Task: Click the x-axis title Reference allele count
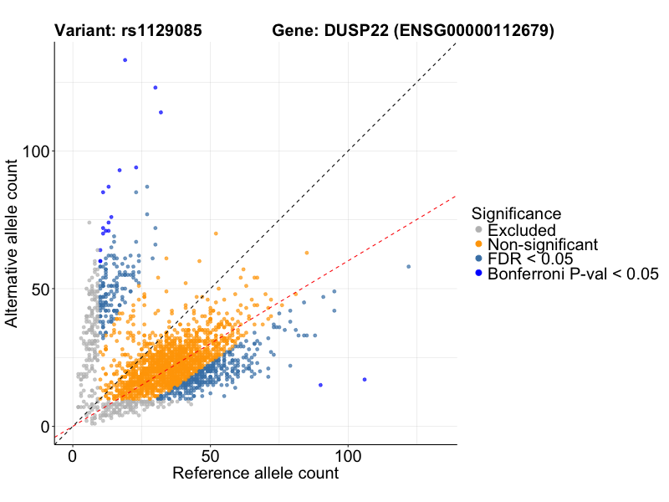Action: [x=255, y=474]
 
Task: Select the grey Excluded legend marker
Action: [x=477, y=230]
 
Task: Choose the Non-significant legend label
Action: [x=543, y=244]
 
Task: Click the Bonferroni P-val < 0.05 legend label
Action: [x=574, y=274]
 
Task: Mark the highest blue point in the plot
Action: [x=125, y=60]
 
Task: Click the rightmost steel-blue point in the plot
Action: [x=408, y=267]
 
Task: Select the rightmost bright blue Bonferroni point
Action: [x=365, y=380]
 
